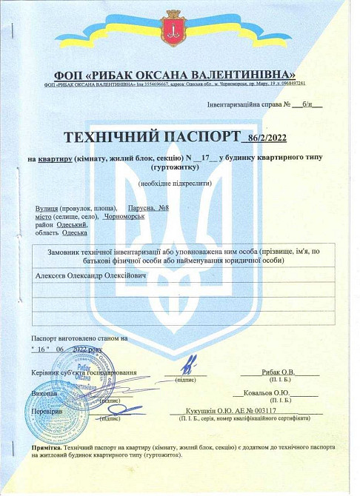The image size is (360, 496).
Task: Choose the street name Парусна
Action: (141, 209)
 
